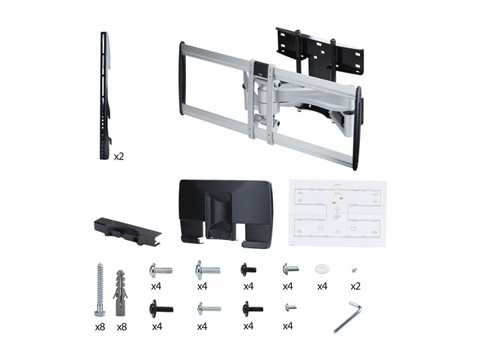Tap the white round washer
(321, 269)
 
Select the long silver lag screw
(100, 289)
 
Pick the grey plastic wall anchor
(121, 293)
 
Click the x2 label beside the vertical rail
(118, 157)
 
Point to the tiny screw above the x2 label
(355, 270)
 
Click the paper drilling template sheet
(337, 213)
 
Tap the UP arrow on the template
(337, 211)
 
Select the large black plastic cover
(226, 213)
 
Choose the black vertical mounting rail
(105, 96)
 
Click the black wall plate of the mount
(320, 55)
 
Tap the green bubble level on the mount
(261, 73)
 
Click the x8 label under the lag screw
(100, 327)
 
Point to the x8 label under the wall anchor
(121, 327)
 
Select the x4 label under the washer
(322, 286)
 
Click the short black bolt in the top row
(248, 270)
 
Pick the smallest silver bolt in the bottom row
(290, 307)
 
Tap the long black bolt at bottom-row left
(161, 309)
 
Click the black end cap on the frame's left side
(182, 79)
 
